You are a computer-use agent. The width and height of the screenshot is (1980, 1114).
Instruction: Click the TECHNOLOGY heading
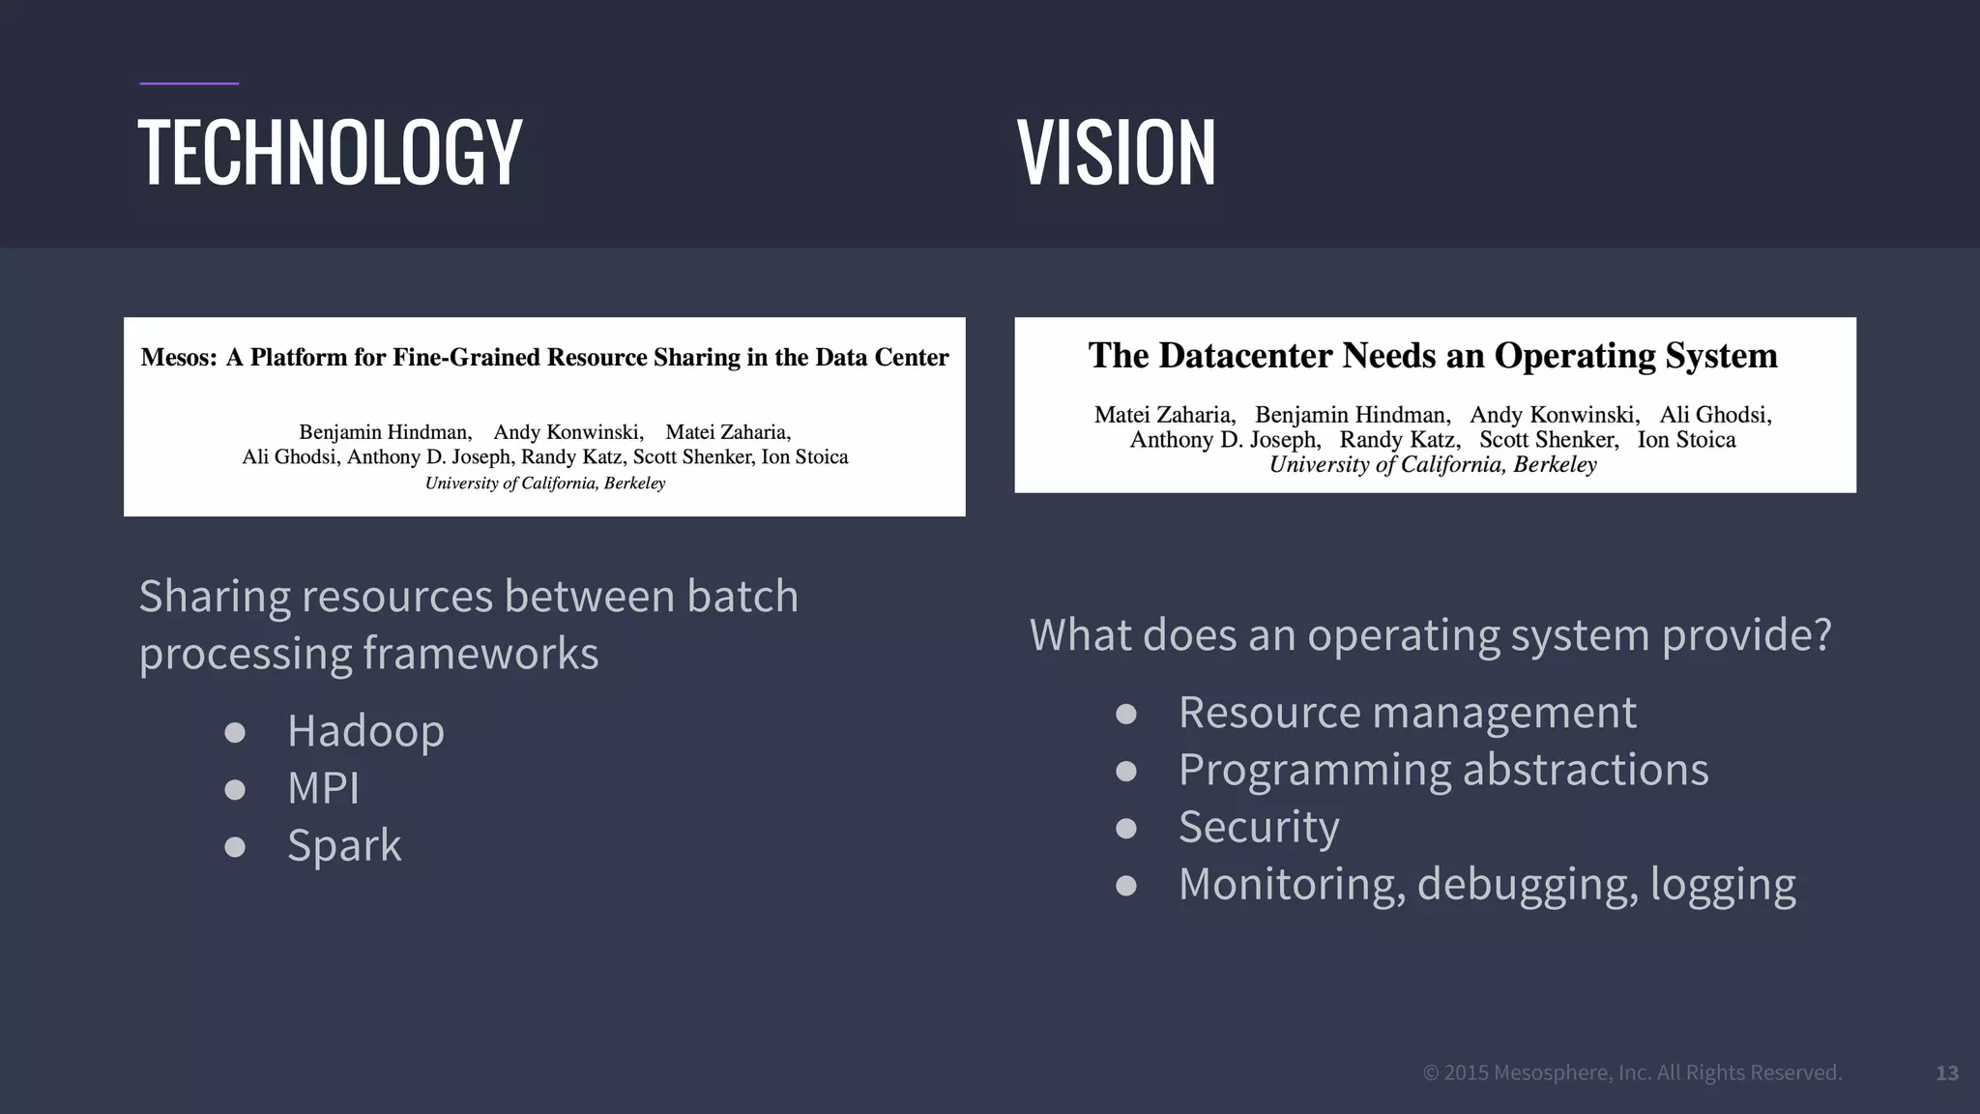pyautogui.click(x=330, y=152)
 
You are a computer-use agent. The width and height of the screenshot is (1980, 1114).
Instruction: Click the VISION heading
pyautogui.click(x=1116, y=152)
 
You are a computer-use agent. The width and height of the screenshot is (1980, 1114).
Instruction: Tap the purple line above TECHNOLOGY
pyautogui.click(x=189, y=84)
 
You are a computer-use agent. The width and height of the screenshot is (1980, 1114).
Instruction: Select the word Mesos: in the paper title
pyautogui.click(x=179, y=358)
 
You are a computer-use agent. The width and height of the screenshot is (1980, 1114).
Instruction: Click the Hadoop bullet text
pyautogui.click(x=365, y=730)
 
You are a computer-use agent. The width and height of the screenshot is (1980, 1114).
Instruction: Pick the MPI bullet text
pyautogui.click(x=323, y=788)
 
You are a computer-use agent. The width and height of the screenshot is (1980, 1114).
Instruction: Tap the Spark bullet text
pyautogui.click(x=344, y=845)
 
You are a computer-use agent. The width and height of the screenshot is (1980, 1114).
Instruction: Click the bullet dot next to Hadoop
pyautogui.click(x=234, y=732)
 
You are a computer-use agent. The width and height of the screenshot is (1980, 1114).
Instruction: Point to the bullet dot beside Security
pyautogui.click(x=1125, y=829)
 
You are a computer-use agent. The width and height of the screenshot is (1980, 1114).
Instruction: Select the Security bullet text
pyautogui.click(x=1259, y=827)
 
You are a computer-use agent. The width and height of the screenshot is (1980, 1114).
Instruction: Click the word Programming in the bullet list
pyautogui.click(x=1313, y=771)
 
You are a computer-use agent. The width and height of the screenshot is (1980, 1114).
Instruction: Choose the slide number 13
pyautogui.click(x=1947, y=1073)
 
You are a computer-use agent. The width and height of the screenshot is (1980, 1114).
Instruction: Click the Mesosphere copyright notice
pyautogui.click(x=1632, y=1072)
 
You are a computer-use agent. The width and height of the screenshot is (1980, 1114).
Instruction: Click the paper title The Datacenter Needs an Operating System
pyautogui.click(x=1433, y=356)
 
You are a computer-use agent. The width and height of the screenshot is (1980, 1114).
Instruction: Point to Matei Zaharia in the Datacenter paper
pyautogui.click(x=1164, y=415)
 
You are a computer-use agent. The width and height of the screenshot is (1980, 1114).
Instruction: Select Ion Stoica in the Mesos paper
pyautogui.click(x=804, y=457)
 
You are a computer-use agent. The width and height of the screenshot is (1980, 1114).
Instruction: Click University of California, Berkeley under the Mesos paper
pyautogui.click(x=545, y=484)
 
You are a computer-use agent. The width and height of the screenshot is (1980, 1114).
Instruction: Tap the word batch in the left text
pyautogui.click(x=742, y=596)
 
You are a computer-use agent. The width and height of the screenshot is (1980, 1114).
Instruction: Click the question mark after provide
pyautogui.click(x=1820, y=634)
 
